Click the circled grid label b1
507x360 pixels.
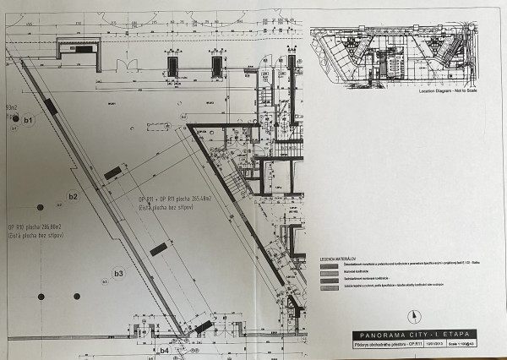(30, 122)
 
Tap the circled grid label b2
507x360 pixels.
(73, 197)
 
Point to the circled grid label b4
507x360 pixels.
(166, 350)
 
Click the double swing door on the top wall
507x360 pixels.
(128, 65)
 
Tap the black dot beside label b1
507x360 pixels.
(14, 119)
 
